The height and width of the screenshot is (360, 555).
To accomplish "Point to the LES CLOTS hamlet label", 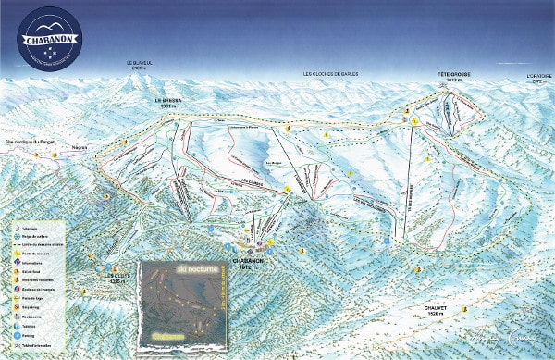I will point(115,278).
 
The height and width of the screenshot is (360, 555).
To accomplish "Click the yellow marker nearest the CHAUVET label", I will point(417,269).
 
